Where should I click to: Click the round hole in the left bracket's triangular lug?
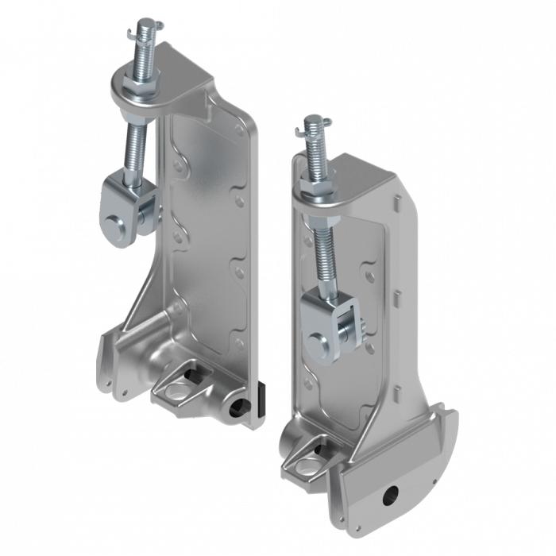(175, 389)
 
